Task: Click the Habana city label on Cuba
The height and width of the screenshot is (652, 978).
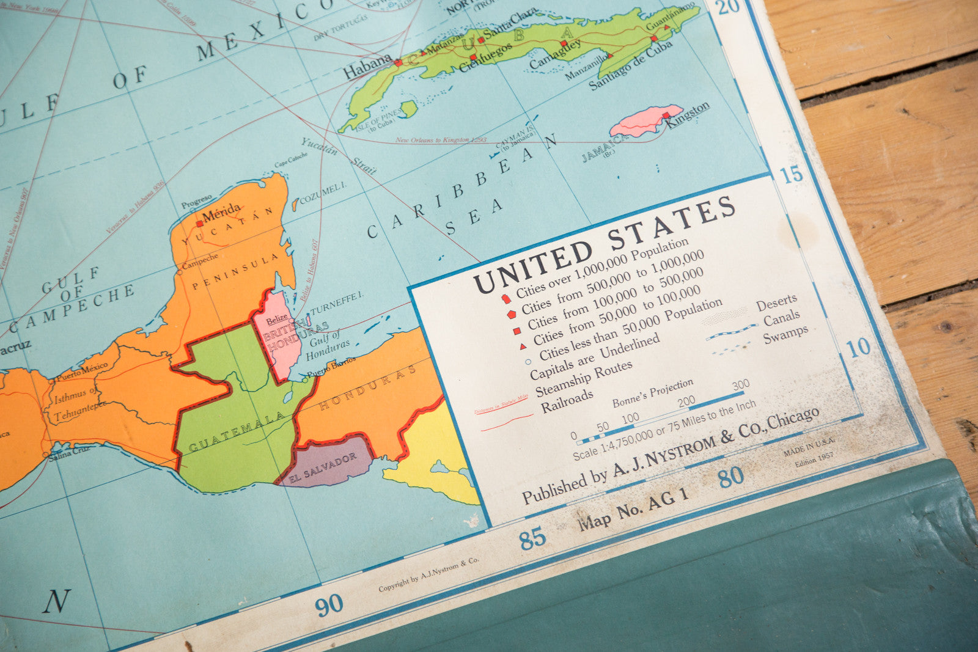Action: [x=367, y=66]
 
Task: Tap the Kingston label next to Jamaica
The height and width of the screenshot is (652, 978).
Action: [x=688, y=114]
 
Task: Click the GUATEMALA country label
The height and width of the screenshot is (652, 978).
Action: [x=237, y=432]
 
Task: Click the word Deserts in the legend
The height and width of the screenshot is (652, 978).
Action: [x=776, y=302]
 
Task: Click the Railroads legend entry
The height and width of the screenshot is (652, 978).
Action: [x=567, y=401]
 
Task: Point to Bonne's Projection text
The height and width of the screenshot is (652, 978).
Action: [x=653, y=392]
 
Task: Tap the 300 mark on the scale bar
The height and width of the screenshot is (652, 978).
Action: [x=741, y=385]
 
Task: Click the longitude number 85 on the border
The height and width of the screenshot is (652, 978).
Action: [x=532, y=539]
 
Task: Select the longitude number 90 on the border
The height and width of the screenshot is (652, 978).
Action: [x=329, y=605]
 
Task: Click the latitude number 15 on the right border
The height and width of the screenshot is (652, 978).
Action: [x=792, y=174]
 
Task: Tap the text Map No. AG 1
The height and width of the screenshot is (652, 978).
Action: [x=633, y=508]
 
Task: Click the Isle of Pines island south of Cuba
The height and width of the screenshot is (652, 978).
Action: [x=408, y=109]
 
